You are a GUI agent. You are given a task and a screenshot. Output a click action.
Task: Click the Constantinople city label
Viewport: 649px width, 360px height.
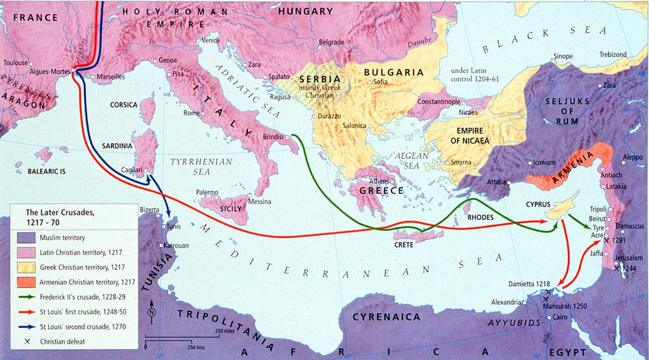437,102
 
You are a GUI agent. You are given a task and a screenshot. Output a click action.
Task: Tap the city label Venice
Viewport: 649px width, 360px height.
211,40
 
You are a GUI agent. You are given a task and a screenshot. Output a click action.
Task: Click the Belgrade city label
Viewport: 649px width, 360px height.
331,42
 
